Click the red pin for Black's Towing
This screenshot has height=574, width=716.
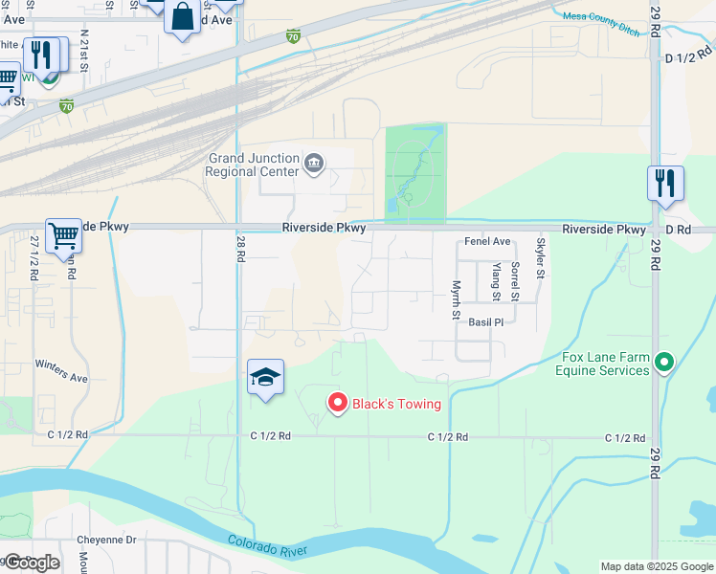[x=337, y=403]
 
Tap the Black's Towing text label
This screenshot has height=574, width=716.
[x=396, y=404]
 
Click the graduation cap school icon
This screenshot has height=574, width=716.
[x=265, y=376]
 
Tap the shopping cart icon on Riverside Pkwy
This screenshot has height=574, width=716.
[x=63, y=234]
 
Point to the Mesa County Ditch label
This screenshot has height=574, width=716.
[x=603, y=32]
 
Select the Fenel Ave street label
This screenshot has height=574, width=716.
[x=487, y=242]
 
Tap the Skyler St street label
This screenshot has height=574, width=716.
[x=541, y=257]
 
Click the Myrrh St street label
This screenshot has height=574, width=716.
[x=457, y=300]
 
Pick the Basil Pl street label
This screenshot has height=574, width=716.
[x=485, y=322]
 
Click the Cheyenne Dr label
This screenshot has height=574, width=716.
[x=107, y=540]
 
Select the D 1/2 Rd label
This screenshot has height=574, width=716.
[x=690, y=58]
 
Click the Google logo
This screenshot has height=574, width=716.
[x=31, y=563]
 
